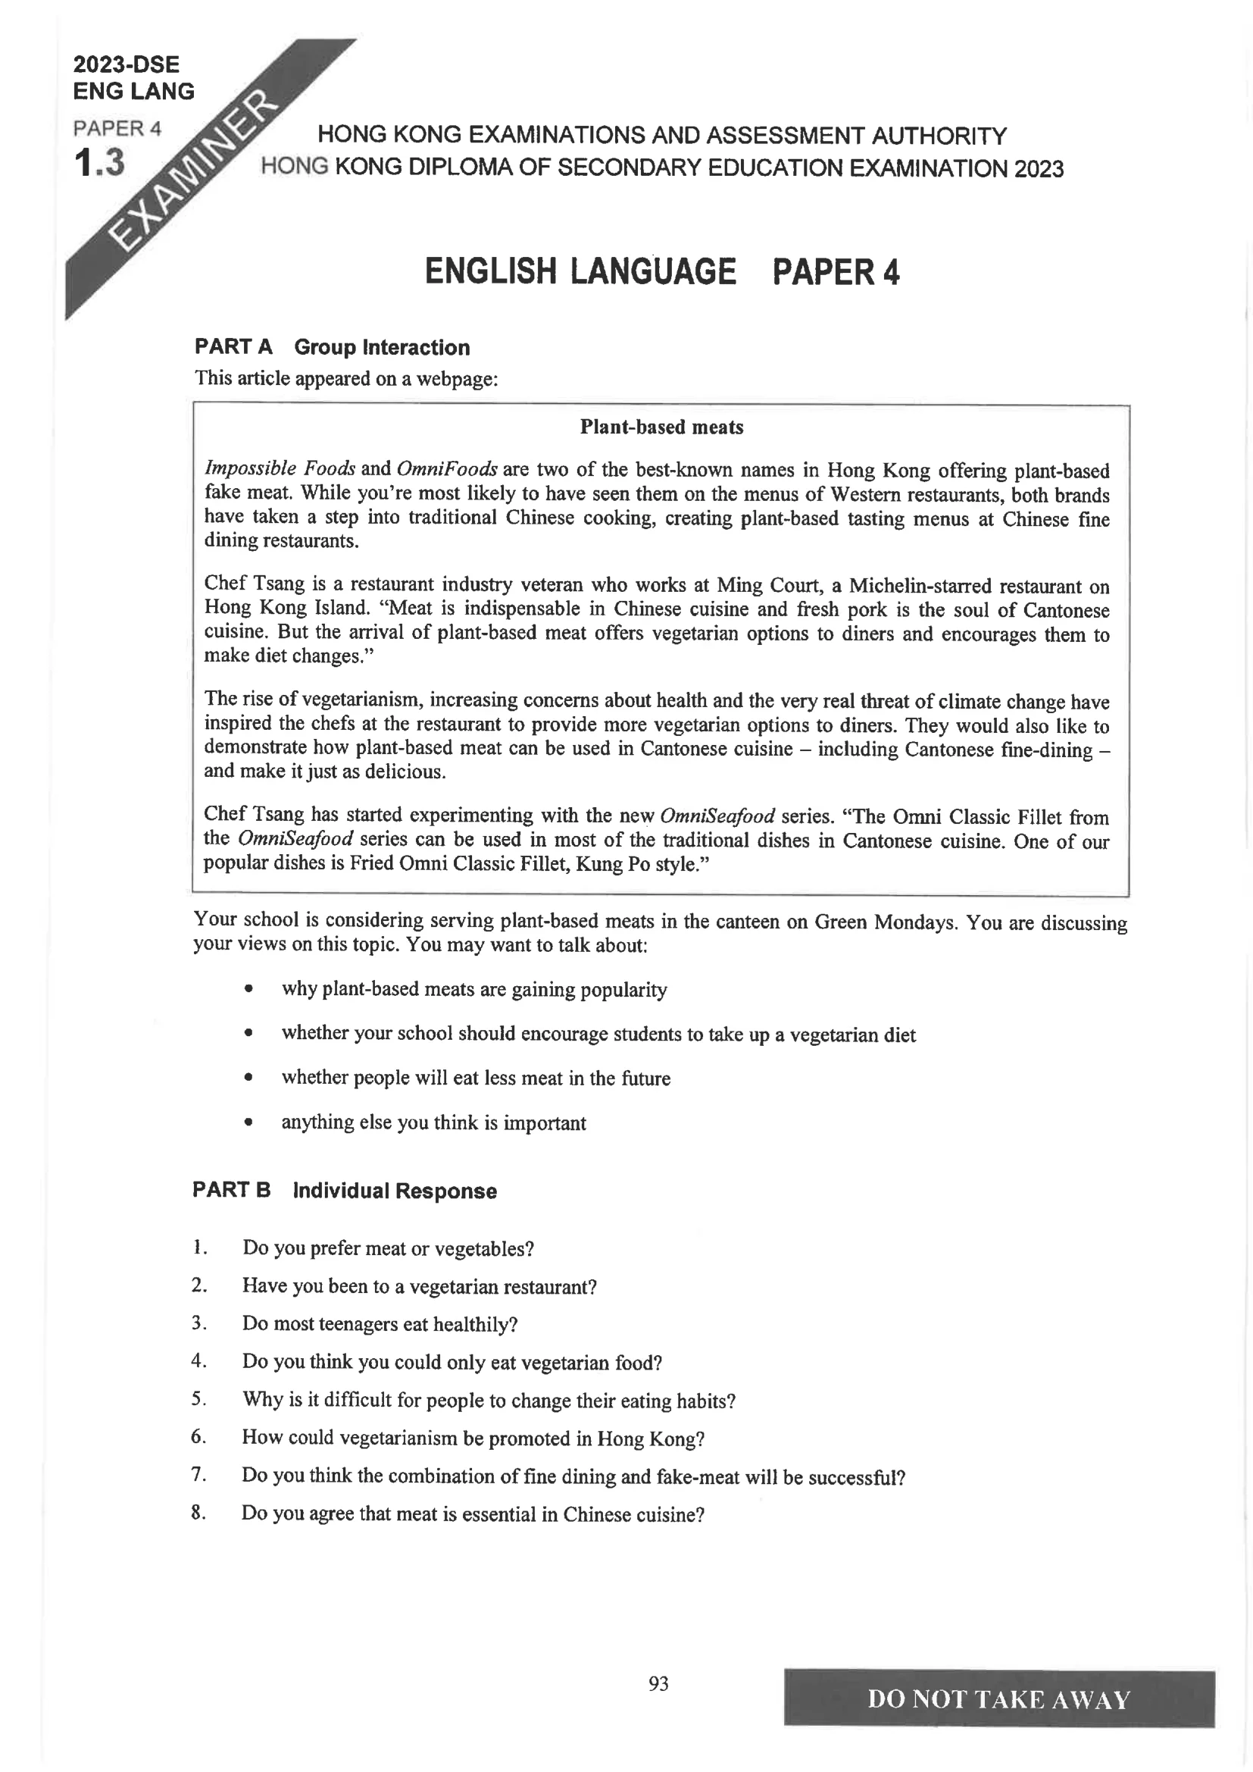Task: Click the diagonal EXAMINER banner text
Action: tap(193, 173)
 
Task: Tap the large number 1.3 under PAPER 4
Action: tap(98, 163)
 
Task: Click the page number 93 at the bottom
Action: tap(658, 1683)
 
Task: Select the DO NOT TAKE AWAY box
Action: tap(998, 1698)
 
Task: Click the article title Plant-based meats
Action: tap(661, 427)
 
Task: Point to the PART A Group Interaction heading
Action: tap(332, 347)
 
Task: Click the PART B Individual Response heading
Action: tap(344, 1190)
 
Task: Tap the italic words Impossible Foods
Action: tap(280, 468)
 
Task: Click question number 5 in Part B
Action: tap(198, 1398)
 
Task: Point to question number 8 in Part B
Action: tap(198, 1513)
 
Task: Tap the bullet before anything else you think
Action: tap(248, 1123)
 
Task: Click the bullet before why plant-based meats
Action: tap(248, 989)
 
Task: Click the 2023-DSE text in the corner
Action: tap(126, 64)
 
